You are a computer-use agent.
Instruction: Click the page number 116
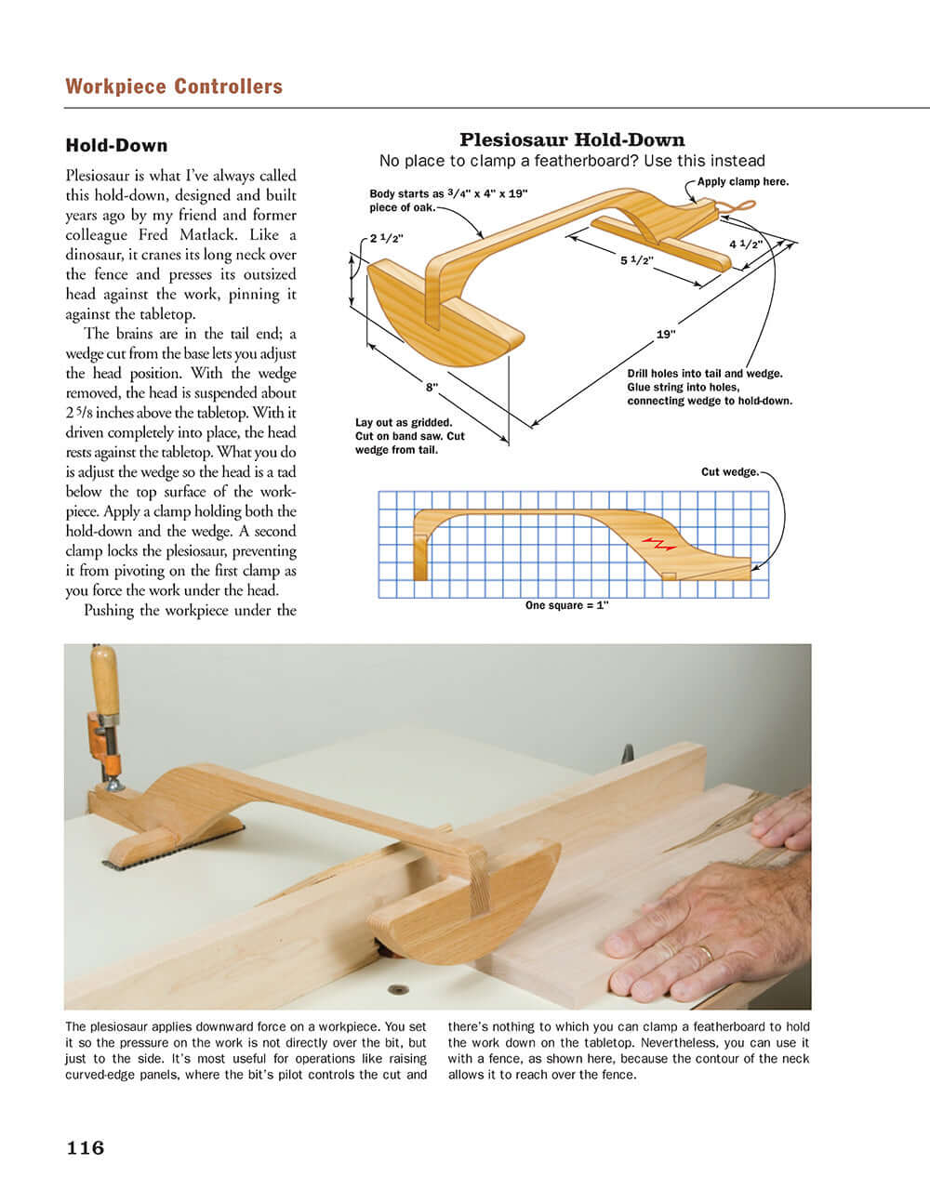click(86, 1148)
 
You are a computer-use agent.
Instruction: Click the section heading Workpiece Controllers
click(174, 86)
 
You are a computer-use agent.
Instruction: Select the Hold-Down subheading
click(116, 145)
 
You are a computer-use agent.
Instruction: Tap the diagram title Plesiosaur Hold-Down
click(572, 140)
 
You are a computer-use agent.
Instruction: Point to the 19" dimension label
click(666, 335)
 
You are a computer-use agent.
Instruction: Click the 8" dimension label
click(432, 385)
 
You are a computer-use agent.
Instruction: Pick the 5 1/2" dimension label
click(637, 261)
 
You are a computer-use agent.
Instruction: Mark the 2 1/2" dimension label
click(386, 239)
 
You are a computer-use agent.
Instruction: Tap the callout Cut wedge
click(730, 472)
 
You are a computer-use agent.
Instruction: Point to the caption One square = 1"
click(566, 605)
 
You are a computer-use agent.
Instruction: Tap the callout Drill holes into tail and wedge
click(704, 374)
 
